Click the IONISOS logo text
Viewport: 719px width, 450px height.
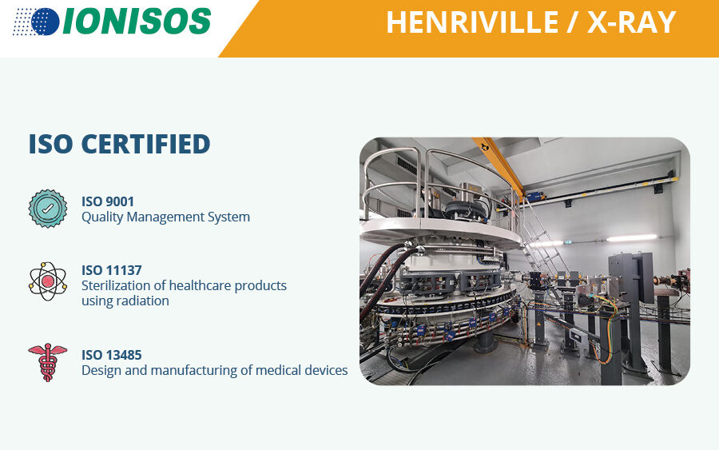click(137, 21)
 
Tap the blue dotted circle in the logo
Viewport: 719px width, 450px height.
click(45, 22)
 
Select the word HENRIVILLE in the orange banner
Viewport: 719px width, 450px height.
click(472, 22)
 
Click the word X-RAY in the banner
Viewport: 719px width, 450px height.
click(631, 22)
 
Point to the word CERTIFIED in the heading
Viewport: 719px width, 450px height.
click(145, 144)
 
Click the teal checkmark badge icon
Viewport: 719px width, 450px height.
click(48, 209)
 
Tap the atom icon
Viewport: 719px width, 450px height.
click(48, 281)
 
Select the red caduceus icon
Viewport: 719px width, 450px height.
click(48, 362)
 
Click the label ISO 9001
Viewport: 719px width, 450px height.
click(108, 201)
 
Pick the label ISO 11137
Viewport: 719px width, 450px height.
click(111, 270)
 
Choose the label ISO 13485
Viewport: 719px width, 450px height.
click(111, 355)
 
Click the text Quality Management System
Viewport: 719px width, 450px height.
click(165, 217)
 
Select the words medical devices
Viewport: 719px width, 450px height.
click(302, 370)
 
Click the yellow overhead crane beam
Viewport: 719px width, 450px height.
click(499, 166)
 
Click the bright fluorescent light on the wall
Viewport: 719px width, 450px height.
click(631, 237)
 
